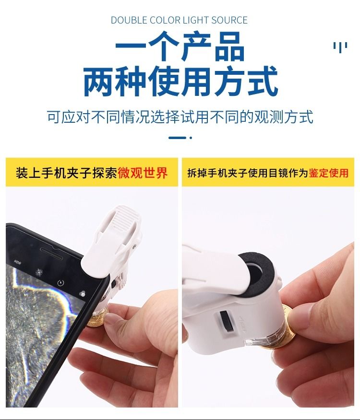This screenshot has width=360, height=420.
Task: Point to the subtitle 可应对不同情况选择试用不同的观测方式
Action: pos(180,117)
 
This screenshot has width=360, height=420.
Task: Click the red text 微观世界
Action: pos(143,173)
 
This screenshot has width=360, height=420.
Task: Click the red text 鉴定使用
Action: pos(329,173)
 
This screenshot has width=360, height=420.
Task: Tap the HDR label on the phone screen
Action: pos(17,262)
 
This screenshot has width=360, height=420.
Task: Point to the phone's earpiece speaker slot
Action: pos(51,254)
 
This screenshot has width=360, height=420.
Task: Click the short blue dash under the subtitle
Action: pos(177,138)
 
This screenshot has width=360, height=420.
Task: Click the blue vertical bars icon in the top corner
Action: pos(340,47)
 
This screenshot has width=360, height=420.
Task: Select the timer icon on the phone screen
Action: pos(60,282)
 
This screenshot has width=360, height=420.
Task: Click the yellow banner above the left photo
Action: pos(92,172)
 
